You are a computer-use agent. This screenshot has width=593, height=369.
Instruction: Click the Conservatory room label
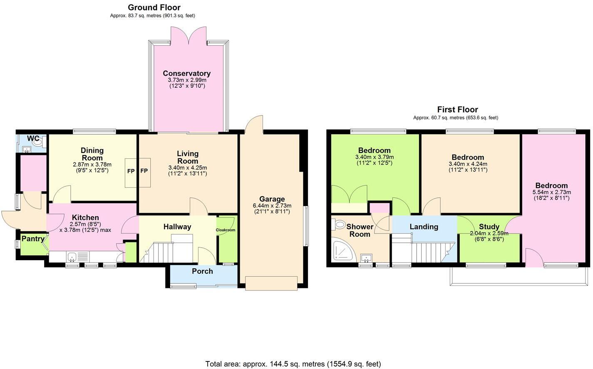tap(186, 74)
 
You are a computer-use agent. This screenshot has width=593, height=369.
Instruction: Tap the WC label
tap(33, 138)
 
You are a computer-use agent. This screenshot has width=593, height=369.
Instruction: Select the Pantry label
tap(33, 239)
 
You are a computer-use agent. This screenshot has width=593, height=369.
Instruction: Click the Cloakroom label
tap(226, 230)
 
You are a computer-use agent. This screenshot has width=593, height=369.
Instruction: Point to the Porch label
tap(202, 271)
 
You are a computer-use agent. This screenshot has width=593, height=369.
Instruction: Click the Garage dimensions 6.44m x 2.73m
tap(272, 206)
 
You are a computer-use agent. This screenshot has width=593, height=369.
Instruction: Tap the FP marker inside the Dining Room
tap(131, 171)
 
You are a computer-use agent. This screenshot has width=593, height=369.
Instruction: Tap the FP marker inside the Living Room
tap(144, 171)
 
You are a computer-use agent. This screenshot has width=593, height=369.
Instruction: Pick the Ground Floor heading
tap(154, 7)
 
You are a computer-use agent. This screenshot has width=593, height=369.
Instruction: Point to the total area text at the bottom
tap(293, 364)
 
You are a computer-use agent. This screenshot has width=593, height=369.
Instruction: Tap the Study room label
tap(489, 226)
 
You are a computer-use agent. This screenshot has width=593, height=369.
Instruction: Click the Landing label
tap(424, 226)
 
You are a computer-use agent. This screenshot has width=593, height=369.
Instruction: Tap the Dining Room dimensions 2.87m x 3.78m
tap(92, 165)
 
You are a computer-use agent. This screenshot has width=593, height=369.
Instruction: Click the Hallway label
tap(177, 226)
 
